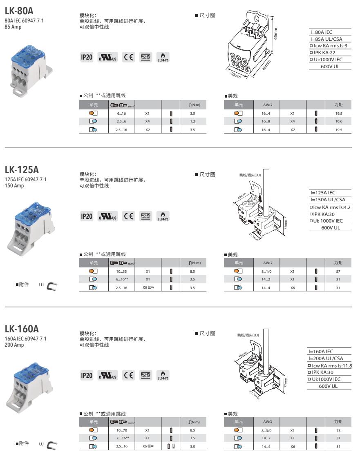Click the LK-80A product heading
[x=19, y=8]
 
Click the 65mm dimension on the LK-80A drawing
[x=276, y=32]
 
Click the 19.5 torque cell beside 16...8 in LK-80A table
[x=338, y=113]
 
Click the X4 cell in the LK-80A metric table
[x=148, y=122]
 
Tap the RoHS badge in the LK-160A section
[x=145, y=375]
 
